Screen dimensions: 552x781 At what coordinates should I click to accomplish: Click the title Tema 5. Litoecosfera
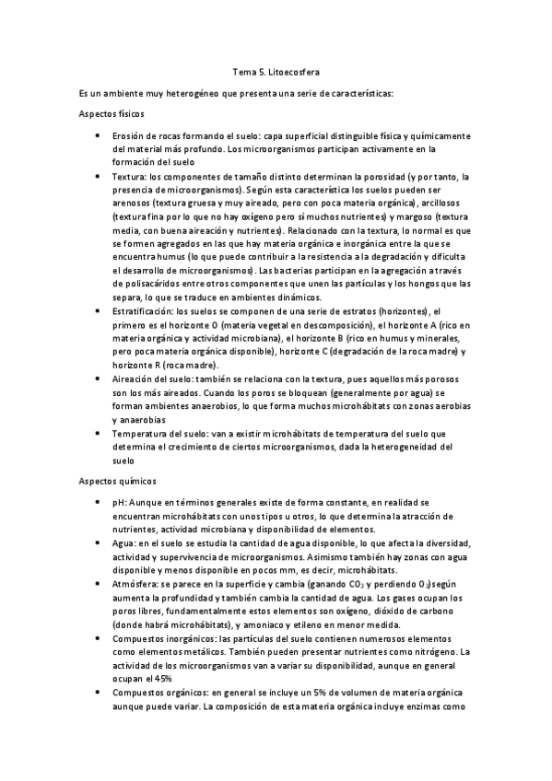click(x=276, y=70)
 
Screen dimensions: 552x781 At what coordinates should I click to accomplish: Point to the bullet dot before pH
click(x=99, y=503)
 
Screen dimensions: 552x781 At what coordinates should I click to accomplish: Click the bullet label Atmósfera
click(x=136, y=584)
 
